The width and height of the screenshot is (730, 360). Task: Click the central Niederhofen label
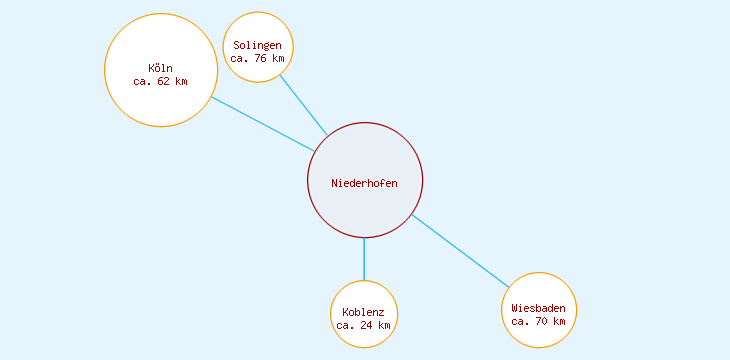click(364, 183)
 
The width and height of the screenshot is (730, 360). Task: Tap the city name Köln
click(160, 68)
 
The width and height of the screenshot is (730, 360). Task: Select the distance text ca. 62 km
click(160, 81)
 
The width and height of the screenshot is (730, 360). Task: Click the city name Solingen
click(258, 45)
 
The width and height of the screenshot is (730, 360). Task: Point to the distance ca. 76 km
click(258, 58)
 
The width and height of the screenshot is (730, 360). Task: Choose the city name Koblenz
click(363, 312)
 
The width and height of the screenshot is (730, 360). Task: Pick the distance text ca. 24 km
click(363, 325)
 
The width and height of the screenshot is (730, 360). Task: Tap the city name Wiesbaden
click(538, 308)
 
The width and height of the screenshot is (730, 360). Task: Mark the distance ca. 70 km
click(538, 321)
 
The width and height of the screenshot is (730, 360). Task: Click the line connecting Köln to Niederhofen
click(263, 124)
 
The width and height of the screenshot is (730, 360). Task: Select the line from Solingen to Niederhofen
click(303, 105)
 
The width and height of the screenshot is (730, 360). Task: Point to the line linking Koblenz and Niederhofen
click(364, 259)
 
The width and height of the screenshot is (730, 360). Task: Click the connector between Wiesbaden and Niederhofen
click(460, 251)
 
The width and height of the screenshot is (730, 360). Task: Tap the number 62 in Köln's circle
click(164, 81)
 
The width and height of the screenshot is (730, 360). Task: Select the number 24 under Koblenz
click(367, 325)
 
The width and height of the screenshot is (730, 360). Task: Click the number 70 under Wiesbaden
click(542, 321)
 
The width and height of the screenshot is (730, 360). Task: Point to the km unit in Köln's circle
click(181, 81)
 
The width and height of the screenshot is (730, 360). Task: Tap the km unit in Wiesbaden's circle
click(559, 321)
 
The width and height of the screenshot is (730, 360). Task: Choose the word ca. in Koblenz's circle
click(346, 325)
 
